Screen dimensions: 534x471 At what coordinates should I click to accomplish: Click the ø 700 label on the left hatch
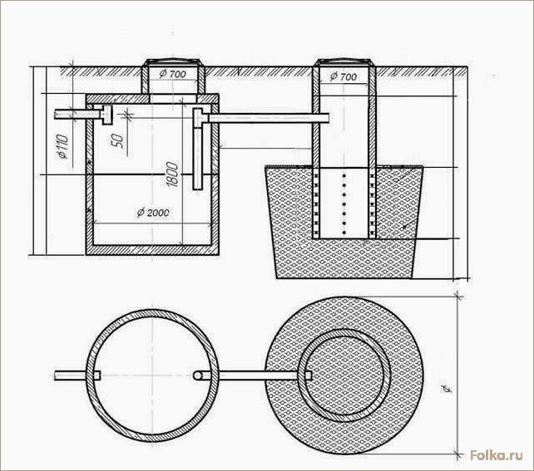point(173,74)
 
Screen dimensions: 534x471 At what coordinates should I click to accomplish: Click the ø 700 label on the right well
point(344,77)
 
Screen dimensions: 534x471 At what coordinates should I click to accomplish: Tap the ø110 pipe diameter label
point(63,146)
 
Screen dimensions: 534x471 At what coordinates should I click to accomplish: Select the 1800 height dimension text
point(173,174)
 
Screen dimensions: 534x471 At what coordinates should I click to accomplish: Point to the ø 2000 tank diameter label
point(153,213)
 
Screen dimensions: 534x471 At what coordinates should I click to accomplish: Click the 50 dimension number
point(116,140)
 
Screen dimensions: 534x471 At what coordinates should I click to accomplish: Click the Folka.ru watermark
point(497,455)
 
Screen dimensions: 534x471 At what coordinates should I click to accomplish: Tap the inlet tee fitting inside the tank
point(106,115)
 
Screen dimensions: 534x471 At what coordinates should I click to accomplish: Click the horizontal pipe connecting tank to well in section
point(269,118)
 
